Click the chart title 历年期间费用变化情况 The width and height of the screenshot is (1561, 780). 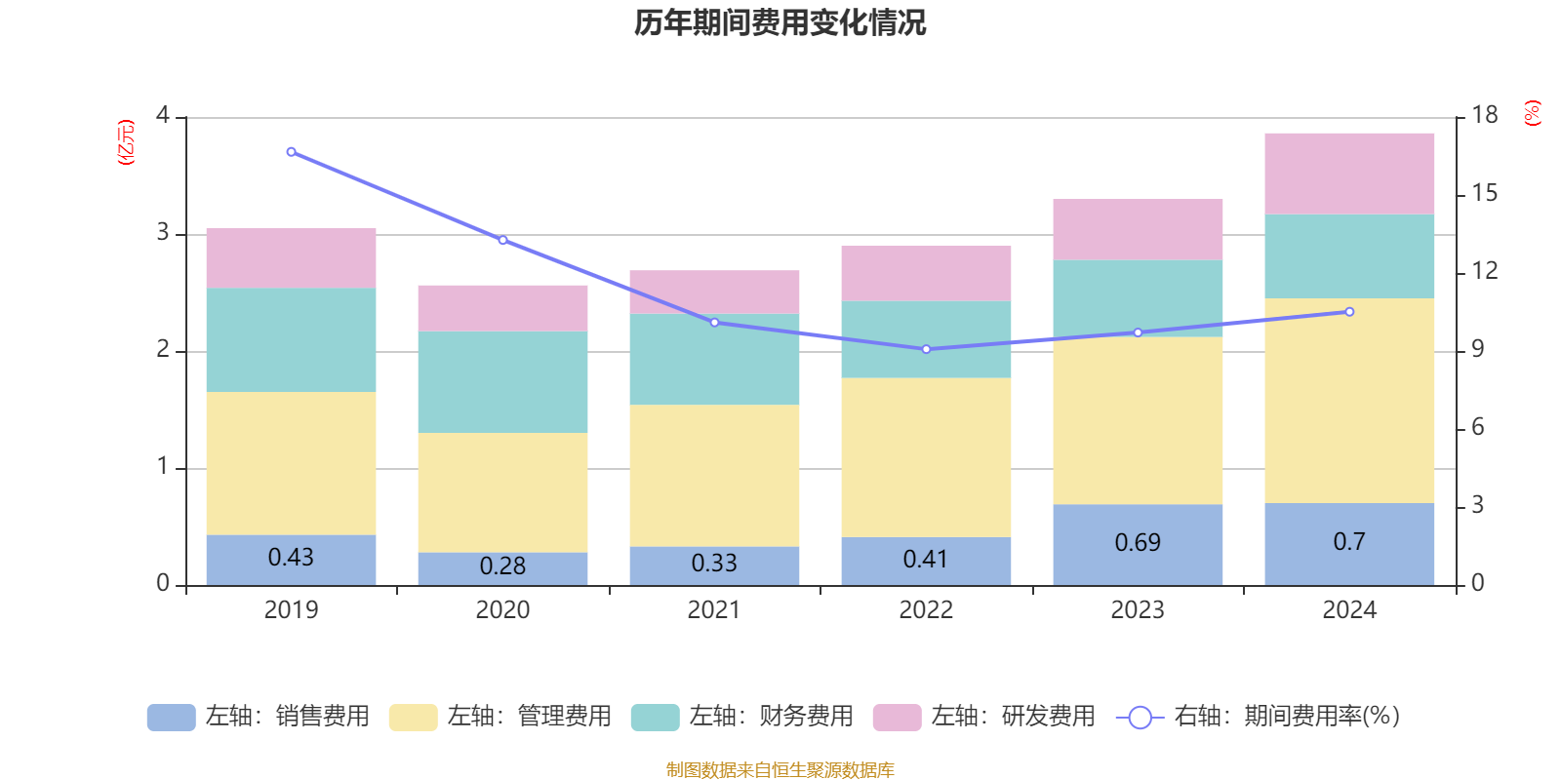780,22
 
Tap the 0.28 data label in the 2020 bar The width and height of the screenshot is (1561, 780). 502,565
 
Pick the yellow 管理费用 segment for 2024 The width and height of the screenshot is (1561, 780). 1349,401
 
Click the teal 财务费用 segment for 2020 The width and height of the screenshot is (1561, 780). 502,382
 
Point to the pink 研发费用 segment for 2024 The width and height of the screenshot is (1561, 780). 1349,174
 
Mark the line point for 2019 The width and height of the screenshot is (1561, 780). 291,152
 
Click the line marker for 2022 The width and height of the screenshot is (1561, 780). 926,349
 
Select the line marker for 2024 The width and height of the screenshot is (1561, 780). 1349,312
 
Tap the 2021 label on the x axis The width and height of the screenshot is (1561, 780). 714,610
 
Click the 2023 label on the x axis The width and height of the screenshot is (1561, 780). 1138,610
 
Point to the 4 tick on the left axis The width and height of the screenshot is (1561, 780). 163,116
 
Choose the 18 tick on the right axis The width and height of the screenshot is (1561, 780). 1484,115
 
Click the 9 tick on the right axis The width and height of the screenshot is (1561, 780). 1477,349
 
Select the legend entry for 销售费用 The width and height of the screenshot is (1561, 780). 259,717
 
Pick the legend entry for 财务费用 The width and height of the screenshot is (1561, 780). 742,717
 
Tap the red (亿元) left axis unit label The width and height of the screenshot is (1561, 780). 126,142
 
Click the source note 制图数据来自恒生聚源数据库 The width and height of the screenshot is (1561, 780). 780,770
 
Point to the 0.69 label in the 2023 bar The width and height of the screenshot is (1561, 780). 1138,542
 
